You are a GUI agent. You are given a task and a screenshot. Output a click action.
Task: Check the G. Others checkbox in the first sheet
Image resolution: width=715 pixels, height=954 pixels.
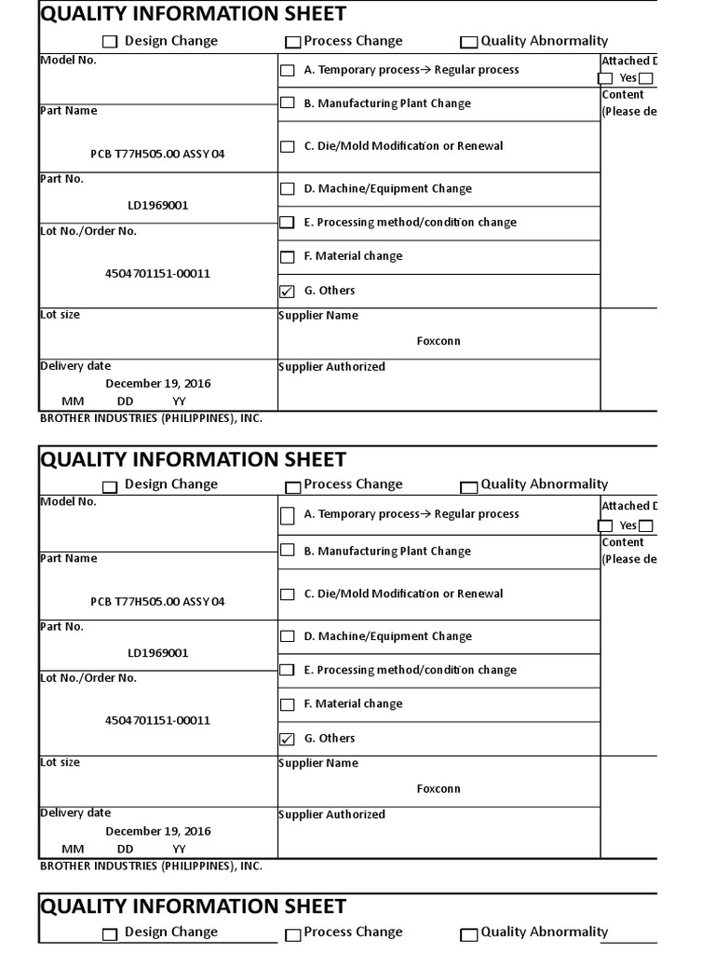(287, 292)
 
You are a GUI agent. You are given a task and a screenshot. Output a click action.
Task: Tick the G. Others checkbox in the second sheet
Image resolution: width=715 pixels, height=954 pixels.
(287, 740)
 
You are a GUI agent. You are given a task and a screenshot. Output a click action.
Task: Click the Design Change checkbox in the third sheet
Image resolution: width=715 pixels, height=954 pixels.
(110, 934)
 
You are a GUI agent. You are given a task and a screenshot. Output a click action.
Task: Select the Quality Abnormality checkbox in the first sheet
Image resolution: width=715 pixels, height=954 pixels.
(468, 42)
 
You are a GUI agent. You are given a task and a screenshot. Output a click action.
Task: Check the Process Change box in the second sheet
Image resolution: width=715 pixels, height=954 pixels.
(293, 486)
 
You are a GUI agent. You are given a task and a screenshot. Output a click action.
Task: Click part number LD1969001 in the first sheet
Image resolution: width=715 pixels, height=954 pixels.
(157, 205)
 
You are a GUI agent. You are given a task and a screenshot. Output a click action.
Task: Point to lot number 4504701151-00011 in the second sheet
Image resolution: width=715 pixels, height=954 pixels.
(157, 720)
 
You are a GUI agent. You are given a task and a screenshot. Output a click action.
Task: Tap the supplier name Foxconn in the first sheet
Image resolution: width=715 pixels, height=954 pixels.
(438, 341)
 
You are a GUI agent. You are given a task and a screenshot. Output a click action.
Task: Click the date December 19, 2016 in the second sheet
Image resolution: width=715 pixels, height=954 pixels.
(157, 831)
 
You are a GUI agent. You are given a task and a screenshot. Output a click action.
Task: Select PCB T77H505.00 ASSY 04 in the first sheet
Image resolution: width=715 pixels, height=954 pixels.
(157, 154)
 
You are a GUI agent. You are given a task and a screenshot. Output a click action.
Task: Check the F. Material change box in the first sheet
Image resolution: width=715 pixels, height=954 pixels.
(287, 257)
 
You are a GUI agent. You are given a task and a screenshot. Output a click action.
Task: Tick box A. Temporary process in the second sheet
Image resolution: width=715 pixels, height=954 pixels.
(287, 515)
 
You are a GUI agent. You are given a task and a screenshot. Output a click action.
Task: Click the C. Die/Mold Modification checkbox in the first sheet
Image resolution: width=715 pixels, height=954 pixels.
(287, 147)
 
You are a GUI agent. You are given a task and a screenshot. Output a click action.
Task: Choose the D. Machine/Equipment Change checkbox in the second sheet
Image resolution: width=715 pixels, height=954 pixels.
(287, 637)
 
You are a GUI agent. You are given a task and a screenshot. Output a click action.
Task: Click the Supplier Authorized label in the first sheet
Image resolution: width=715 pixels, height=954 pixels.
(331, 367)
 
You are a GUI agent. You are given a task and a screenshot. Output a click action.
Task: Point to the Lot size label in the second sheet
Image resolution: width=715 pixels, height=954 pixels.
(60, 762)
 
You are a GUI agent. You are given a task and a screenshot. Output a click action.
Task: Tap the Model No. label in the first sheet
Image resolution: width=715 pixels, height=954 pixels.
(68, 60)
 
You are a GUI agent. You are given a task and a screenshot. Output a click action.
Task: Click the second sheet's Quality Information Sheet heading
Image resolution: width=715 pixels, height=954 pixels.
(193, 459)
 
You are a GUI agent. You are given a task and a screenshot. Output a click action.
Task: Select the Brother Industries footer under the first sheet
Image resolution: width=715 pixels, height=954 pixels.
(151, 418)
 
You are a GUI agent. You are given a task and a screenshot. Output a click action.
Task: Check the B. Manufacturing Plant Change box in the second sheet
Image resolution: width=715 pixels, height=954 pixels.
(287, 551)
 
